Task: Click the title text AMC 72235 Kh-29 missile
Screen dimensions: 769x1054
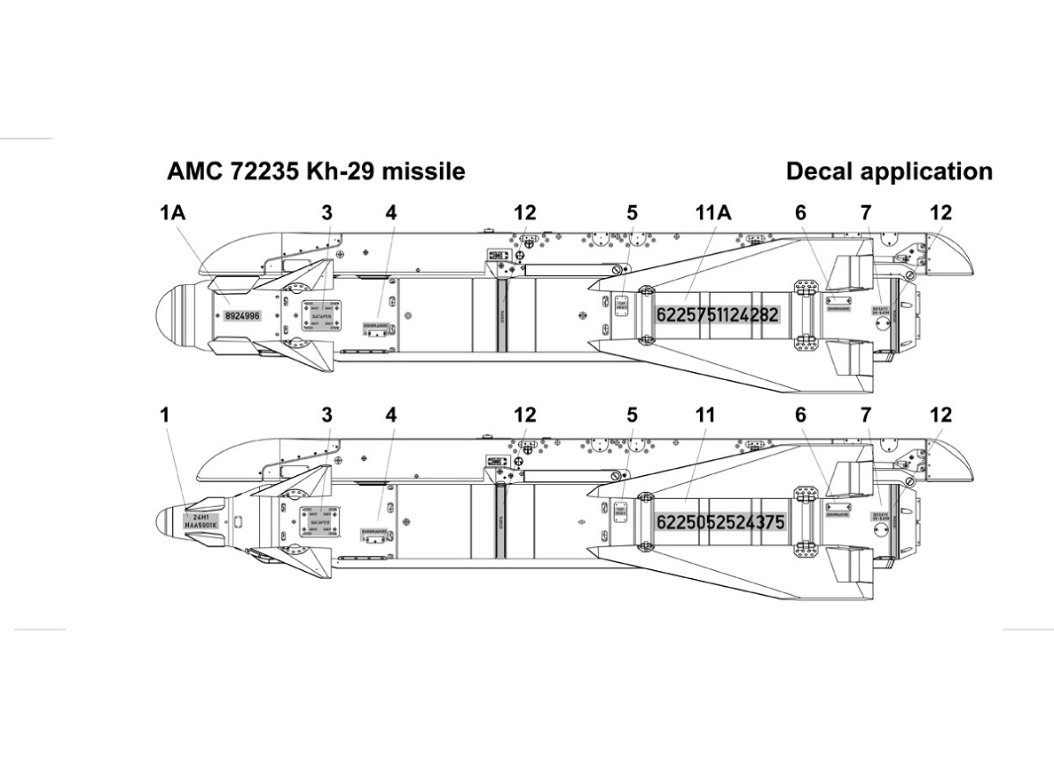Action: [x=316, y=171]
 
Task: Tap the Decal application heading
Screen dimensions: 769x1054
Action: [x=889, y=171]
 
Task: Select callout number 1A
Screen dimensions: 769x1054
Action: [x=173, y=213]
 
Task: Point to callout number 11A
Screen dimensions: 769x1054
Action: [x=712, y=213]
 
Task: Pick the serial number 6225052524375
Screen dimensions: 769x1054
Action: [x=720, y=523]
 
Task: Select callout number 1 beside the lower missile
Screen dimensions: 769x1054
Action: [x=164, y=415]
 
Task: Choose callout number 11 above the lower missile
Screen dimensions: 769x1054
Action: [x=705, y=415]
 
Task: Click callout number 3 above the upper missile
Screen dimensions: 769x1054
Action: [x=327, y=213]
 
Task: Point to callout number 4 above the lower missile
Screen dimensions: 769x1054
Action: [x=391, y=415]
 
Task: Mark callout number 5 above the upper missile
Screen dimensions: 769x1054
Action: [x=632, y=213]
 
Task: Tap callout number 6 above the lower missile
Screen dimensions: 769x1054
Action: [x=800, y=415]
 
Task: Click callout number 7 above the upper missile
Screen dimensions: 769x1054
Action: [x=866, y=213]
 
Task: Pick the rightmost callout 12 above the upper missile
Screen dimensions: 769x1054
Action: [x=940, y=213]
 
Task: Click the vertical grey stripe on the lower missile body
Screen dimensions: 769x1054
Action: [x=501, y=522]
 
